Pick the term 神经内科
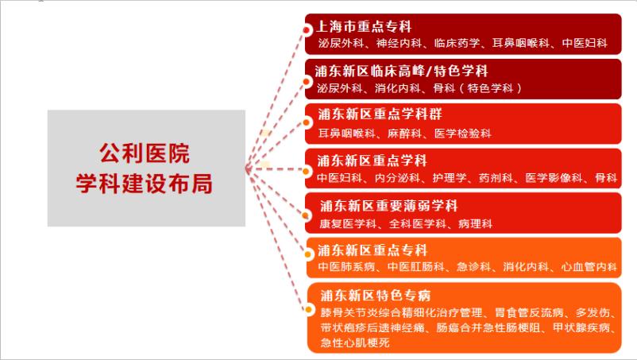pos(398,43)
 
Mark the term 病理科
pos(474,224)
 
